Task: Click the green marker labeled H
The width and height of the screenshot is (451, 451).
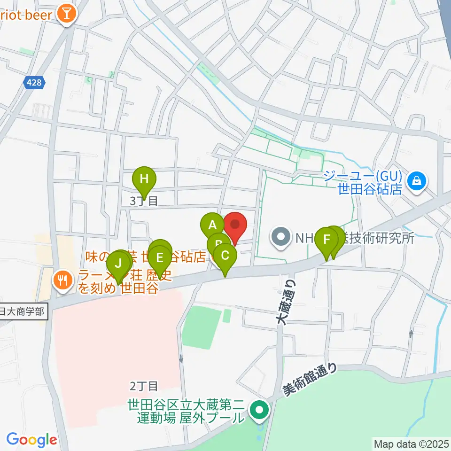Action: (x=144, y=179)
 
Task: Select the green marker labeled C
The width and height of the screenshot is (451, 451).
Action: (x=225, y=256)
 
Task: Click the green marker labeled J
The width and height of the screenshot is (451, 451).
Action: (x=118, y=263)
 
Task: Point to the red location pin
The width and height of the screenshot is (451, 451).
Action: (x=235, y=225)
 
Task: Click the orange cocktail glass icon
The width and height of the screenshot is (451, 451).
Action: (x=66, y=13)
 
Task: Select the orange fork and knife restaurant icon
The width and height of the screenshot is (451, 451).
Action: (x=62, y=281)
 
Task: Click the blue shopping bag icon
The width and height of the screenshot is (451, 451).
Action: (x=416, y=180)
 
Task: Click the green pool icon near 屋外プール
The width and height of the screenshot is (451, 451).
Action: (x=258, y=410)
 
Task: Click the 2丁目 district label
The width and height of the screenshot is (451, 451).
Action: (x=144, y=386)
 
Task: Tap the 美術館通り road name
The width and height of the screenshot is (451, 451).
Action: (x=310, y=381)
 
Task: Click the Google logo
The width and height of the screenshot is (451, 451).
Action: (x=31, y=440)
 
